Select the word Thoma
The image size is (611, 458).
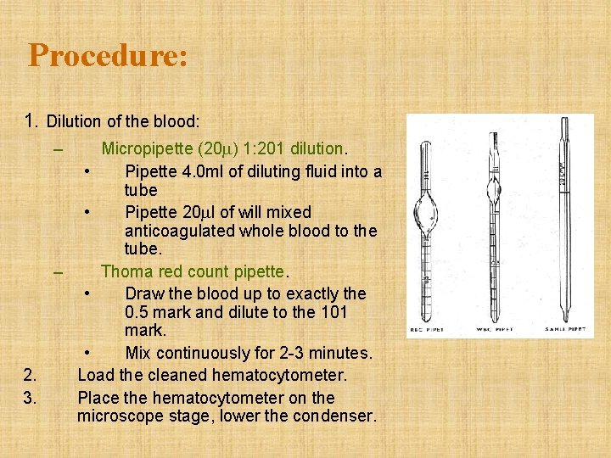pos(126,271)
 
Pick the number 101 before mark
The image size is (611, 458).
pos(343,312)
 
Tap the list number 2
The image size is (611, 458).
pos(30,375)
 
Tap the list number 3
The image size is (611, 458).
pos(30,397)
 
